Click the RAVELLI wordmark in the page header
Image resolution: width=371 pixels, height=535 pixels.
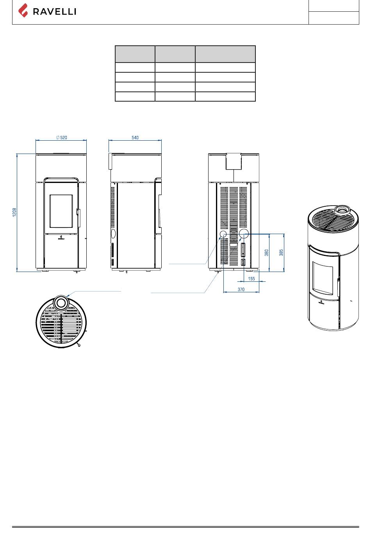(54, 11)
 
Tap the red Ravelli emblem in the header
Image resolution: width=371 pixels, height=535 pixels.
(23, 11)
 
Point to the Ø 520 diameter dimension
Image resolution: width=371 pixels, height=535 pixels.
(62, 138)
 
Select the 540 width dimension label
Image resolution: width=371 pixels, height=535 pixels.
(135, 138)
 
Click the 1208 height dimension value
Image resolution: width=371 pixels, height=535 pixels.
(14, 212)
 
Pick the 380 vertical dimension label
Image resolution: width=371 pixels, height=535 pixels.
(266, 253)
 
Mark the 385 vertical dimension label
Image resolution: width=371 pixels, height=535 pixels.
(281, 252)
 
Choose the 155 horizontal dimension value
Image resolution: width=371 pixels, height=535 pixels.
(251, 279)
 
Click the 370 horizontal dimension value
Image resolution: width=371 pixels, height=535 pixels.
(241, 289)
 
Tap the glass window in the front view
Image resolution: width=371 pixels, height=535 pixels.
(61, 211)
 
